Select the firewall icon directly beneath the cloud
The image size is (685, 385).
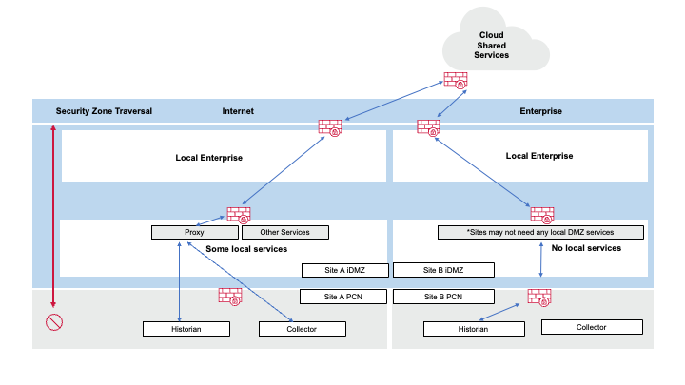tap(456, 83)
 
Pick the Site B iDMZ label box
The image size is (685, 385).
tap(443, 270)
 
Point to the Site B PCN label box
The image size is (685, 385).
tap(443, 297)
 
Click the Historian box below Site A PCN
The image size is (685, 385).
tap(186, 329)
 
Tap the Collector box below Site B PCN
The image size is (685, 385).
tap(591, 327)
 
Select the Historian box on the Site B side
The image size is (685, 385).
tap(473, 329)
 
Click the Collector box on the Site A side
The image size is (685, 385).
tap(302, 329)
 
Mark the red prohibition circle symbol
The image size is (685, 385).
tap(53, 321)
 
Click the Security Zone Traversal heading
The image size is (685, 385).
tap(105, 111)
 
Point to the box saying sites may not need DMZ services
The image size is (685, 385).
tap(540, 232)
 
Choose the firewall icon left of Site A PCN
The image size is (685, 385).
tap(230, 296)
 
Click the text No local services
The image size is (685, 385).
tap(586, 248)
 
